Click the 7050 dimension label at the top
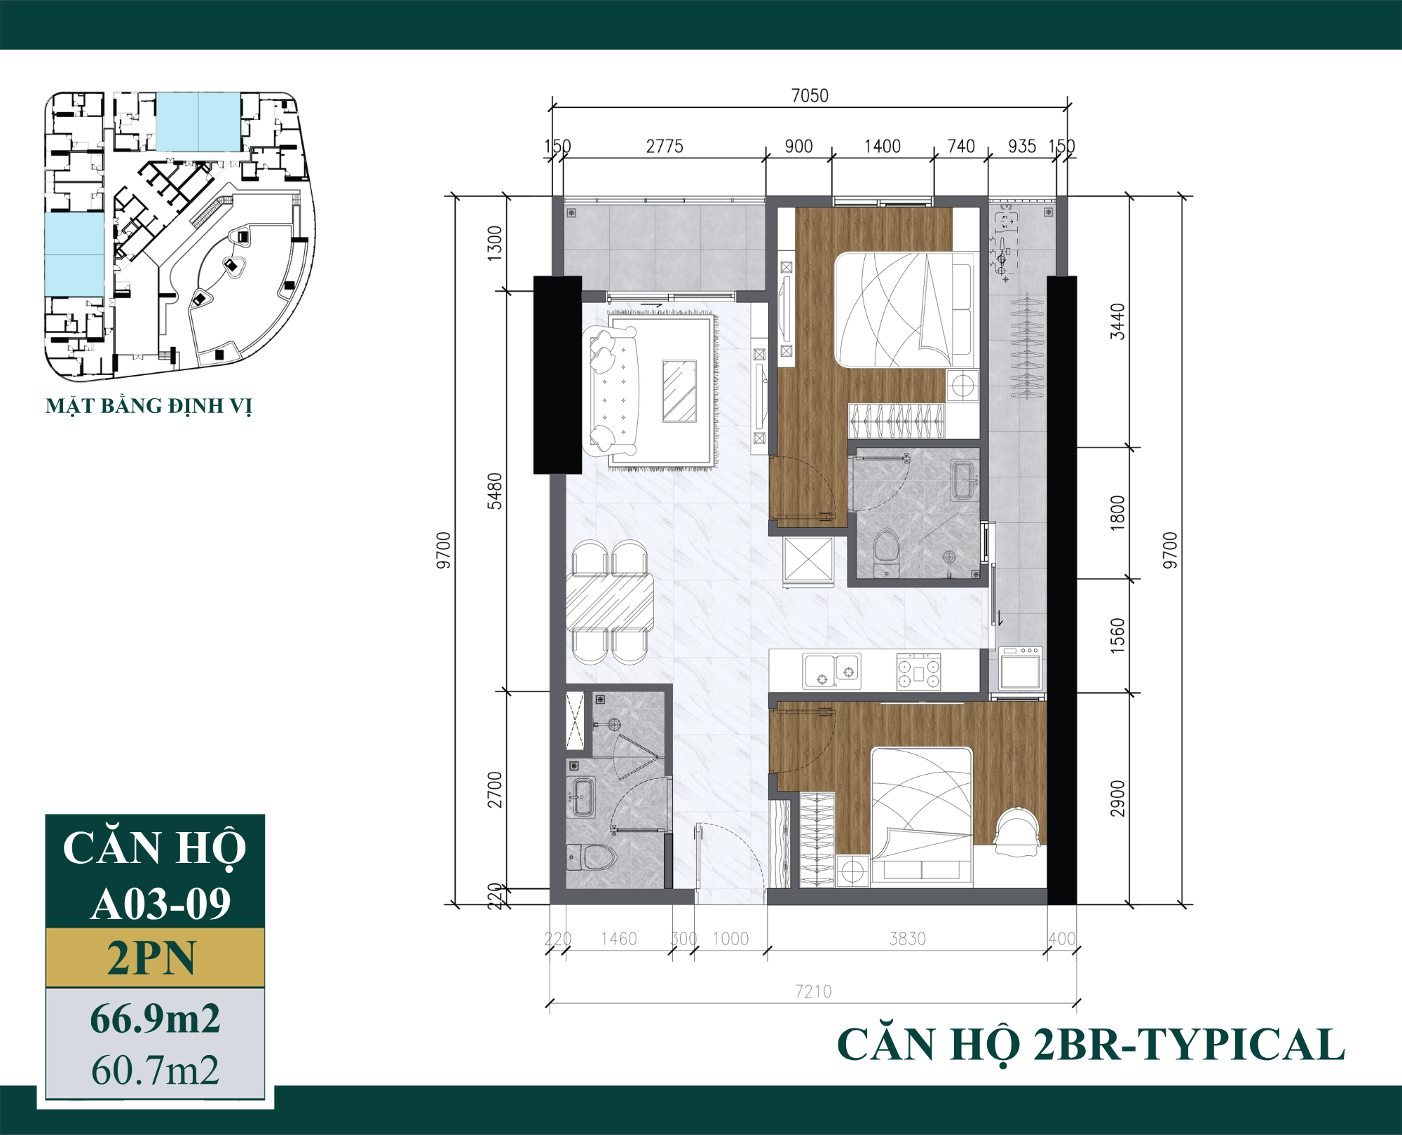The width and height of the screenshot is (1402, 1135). [x=810, y=95]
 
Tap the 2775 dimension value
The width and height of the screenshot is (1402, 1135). [x=664, y=147]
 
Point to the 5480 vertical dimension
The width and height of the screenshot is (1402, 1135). [x=495, y=491]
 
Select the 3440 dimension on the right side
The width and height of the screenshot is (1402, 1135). [x=1117, y=321]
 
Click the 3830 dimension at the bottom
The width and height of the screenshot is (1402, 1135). [x=907, y=939]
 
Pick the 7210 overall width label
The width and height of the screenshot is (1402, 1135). [x=813, y=991]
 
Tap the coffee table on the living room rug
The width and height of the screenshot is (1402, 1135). [x=679, y=391]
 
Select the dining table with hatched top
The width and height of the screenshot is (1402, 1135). [x=610, y=602]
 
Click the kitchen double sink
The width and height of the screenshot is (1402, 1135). [x=831, y=671]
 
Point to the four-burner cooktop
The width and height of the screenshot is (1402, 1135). [x=919, y=672]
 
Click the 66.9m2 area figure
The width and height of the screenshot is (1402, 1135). [x=155, y=1019]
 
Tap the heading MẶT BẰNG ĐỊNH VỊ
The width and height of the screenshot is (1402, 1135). [x=149, y=406]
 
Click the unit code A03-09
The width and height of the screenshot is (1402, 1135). [x=161, y=904]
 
